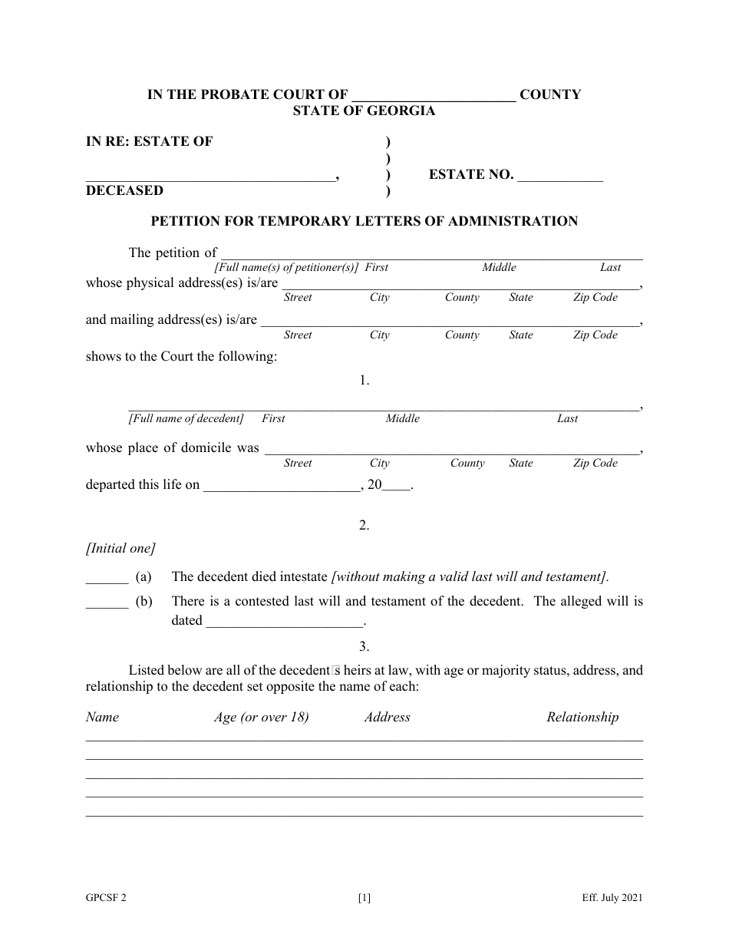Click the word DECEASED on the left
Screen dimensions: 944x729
point(124,190)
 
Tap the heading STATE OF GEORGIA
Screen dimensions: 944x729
point(364,111)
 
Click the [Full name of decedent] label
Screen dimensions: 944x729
point(186,419)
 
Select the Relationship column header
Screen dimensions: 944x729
point(582,718)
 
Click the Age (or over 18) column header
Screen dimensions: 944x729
point(261,718)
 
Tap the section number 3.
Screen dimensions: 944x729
point(364,646)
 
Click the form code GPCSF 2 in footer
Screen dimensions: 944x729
point(106,898)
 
